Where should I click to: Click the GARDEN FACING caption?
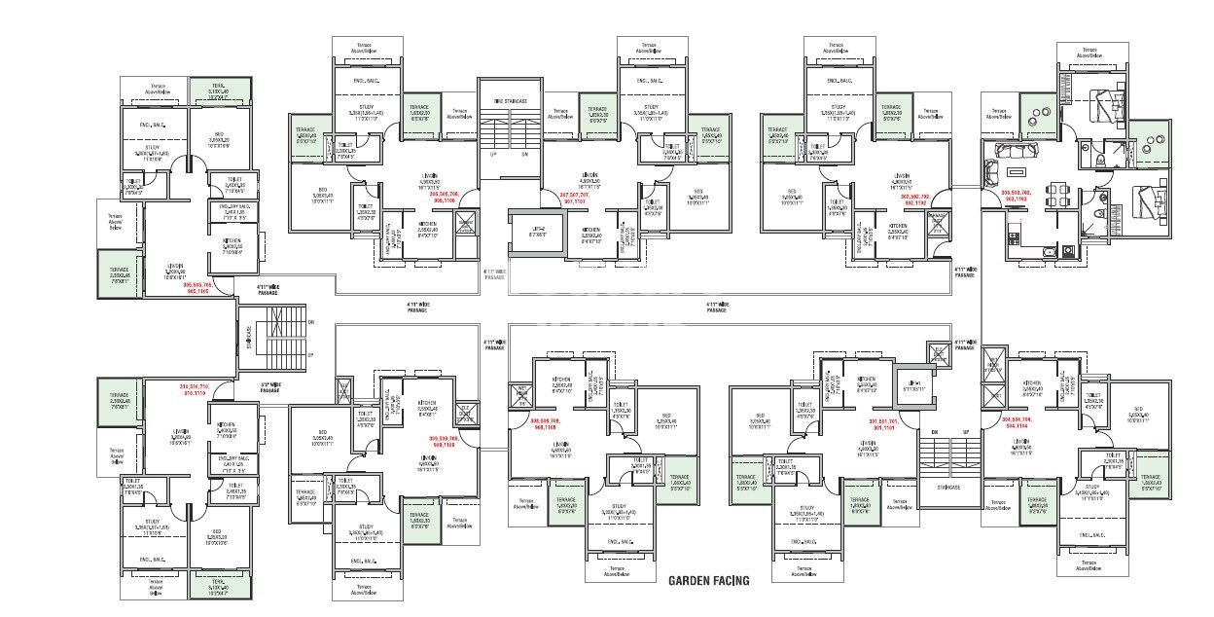pyautogui.click(x=708, y=581)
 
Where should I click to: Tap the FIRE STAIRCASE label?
pyautogui.click(x=510, y=101)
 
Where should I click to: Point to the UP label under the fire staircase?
pyautogui.click(x=493, y=154)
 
